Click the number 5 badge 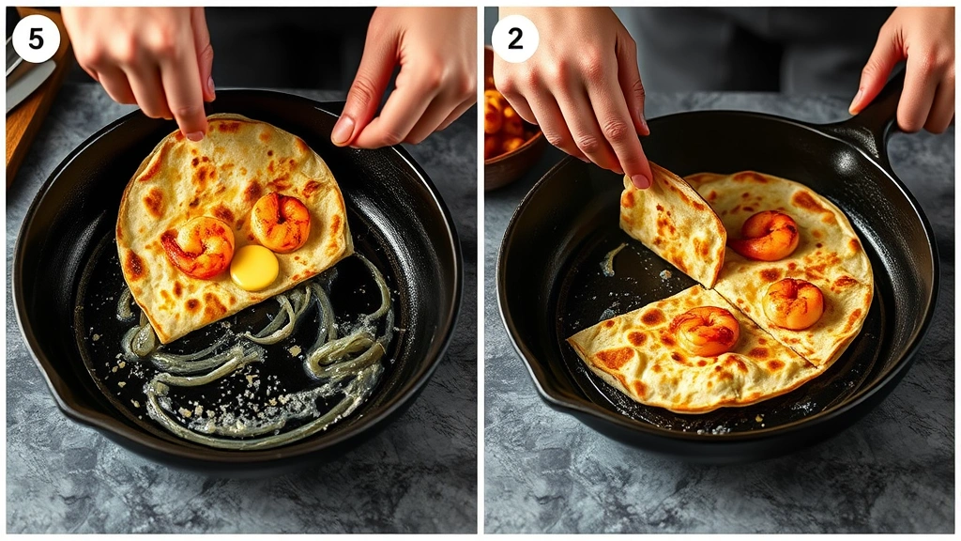click(x=36, y=39)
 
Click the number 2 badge click(x=515, y=39)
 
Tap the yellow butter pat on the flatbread click(x=254, y=268)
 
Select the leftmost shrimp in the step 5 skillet click(x=198, y=247)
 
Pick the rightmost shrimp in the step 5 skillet click(x=281, y=223)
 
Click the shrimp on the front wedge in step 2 click(x=706, y=331)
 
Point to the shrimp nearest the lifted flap click(x=767, y=235)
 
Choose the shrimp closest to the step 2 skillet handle click(x=793, y=303)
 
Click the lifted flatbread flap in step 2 click(x=673, y=225)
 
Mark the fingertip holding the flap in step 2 click(x=640, y=177)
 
